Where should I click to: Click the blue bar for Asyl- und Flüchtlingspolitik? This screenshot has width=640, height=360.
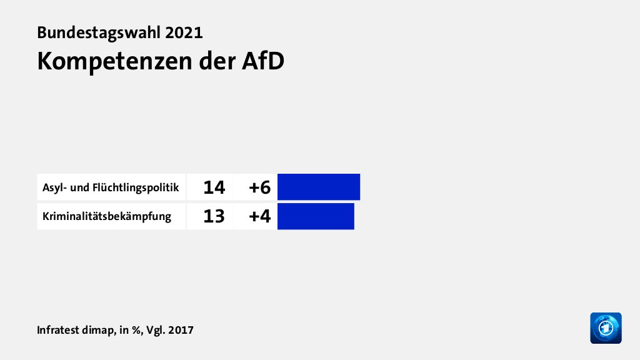[319, 187]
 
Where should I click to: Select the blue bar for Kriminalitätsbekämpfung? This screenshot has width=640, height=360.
[316, 216]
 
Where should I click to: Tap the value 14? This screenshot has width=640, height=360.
[214, 187]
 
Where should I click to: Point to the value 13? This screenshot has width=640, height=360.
[214, 216]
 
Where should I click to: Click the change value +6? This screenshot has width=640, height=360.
[259, 187]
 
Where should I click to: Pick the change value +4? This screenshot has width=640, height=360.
[259, 216]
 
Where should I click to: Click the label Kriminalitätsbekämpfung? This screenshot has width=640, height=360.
[107, 217]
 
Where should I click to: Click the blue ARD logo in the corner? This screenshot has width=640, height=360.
[606, 327]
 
